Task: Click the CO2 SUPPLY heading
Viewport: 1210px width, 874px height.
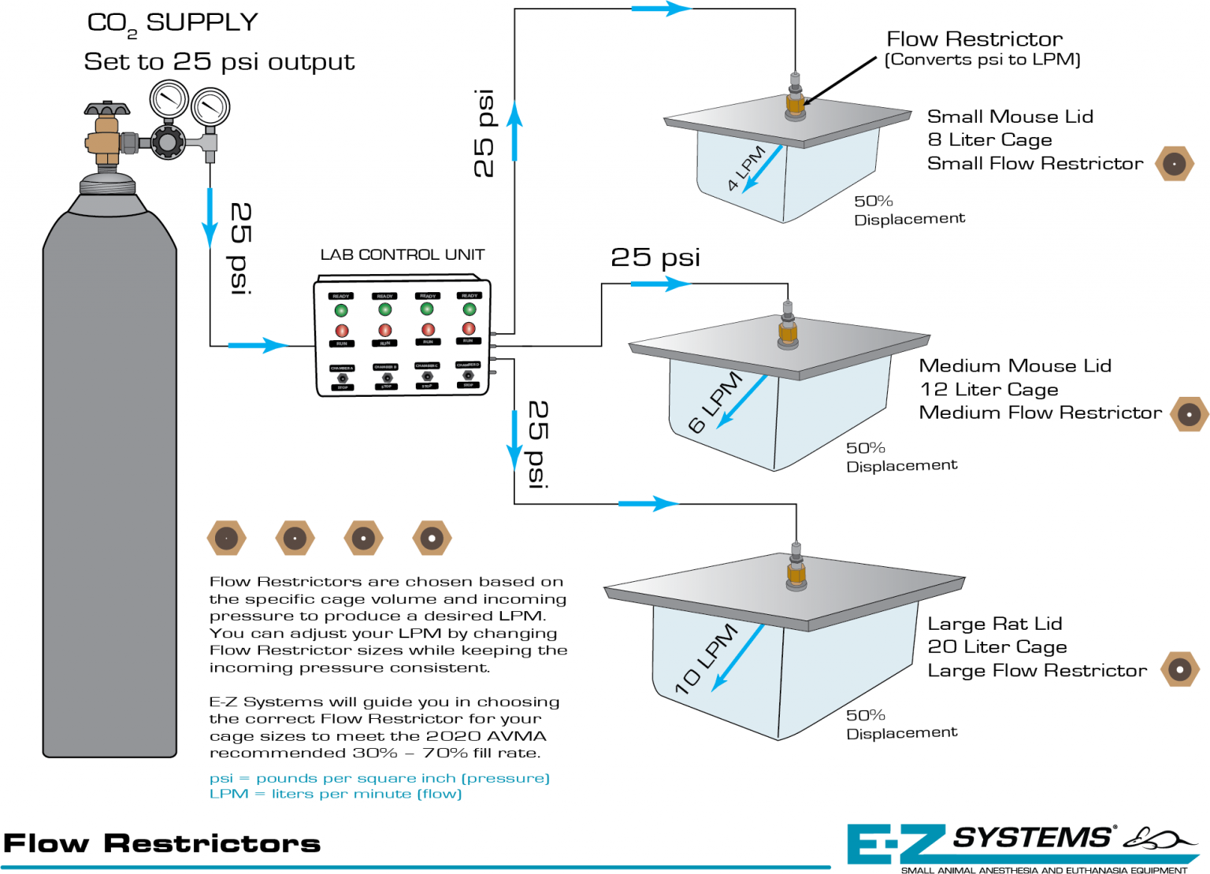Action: (x=172, y=23)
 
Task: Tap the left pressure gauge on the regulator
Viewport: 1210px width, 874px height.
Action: (x=169, y=101)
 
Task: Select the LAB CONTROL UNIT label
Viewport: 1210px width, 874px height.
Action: (x=402, y=254)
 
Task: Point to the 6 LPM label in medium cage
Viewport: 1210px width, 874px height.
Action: (x=714, y=402)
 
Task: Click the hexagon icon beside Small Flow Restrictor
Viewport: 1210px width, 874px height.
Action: (x=1174, y=164)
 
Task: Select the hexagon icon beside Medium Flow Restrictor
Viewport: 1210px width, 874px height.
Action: (x=1189, y=413)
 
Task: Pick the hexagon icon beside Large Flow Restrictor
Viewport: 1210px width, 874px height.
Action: (x=1179, y=669)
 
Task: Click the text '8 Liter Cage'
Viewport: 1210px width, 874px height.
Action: (x=989, y=139)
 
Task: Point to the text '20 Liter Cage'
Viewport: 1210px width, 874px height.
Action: (x=997, y=646)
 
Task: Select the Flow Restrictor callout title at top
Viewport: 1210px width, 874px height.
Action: (x=974, y=39)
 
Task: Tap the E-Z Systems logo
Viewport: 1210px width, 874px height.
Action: (x=1016, y=844)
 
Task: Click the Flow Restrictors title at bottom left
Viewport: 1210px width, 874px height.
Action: (x=161, y=843)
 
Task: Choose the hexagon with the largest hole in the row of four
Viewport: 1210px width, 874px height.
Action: (x=432, y=539)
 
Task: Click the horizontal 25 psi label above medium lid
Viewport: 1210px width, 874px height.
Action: (x=655, y=257)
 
